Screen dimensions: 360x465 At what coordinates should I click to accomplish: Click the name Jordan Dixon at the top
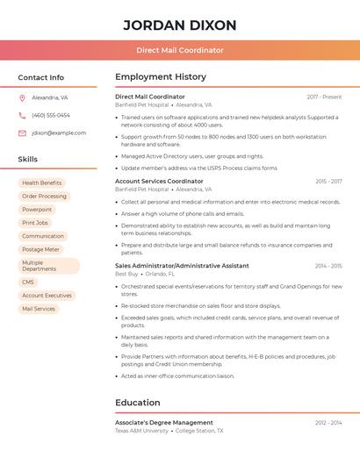click(x=180, y=25)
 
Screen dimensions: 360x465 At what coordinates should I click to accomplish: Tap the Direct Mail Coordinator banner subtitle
click(x=180, y=51)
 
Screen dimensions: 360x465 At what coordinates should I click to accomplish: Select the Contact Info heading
click(x=41, y=77)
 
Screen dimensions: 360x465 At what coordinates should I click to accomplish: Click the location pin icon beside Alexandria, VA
click(x=22, y=97)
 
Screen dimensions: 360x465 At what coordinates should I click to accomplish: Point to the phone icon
click(x=22, y=115)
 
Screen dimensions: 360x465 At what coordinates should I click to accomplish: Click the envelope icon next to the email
click(x=22, y=133)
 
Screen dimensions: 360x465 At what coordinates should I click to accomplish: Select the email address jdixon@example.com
click(x=59, y=133)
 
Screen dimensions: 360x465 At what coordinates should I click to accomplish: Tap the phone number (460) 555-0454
click(x=51, y=115)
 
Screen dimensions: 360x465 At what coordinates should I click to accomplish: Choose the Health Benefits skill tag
click(x=42, y=183)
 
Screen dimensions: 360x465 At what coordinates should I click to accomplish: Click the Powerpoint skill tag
click(x=37, y=210)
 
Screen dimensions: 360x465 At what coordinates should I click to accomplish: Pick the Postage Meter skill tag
click(x=40, y=249)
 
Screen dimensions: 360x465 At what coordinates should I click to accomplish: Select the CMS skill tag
click(x=28, y=283)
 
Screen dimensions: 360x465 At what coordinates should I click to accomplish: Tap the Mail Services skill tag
click(x=39, y=309)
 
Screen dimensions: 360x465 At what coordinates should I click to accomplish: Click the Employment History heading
click(x=161, y=77)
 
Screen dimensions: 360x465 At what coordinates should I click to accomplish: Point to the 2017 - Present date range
click(x=324, y=97)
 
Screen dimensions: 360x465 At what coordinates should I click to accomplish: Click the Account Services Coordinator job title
click(x=159, y=182)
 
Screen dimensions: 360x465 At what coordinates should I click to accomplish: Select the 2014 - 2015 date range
click(x=328, y=266)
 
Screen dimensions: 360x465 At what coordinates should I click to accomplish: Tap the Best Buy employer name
click(x=126, y=274)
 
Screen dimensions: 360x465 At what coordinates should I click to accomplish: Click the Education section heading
click(x=138, y=403)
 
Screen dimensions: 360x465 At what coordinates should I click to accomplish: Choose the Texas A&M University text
click(x=141, y=431)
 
